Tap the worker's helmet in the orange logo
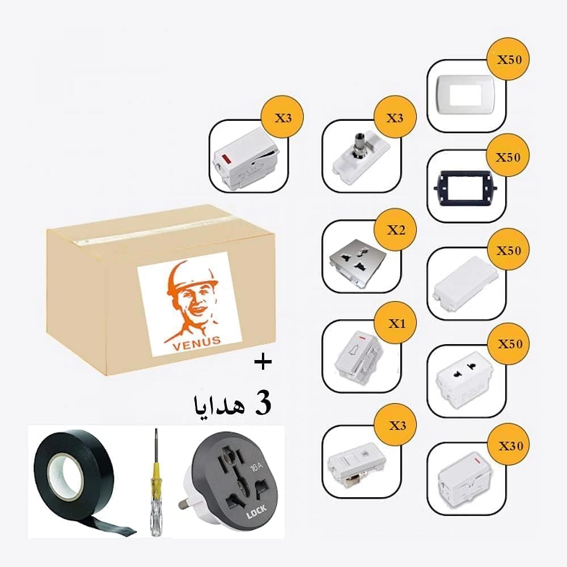coord(196,275)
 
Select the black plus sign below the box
coord(262,363)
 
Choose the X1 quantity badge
coord(395,324)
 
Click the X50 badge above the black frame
coord(508,157)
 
